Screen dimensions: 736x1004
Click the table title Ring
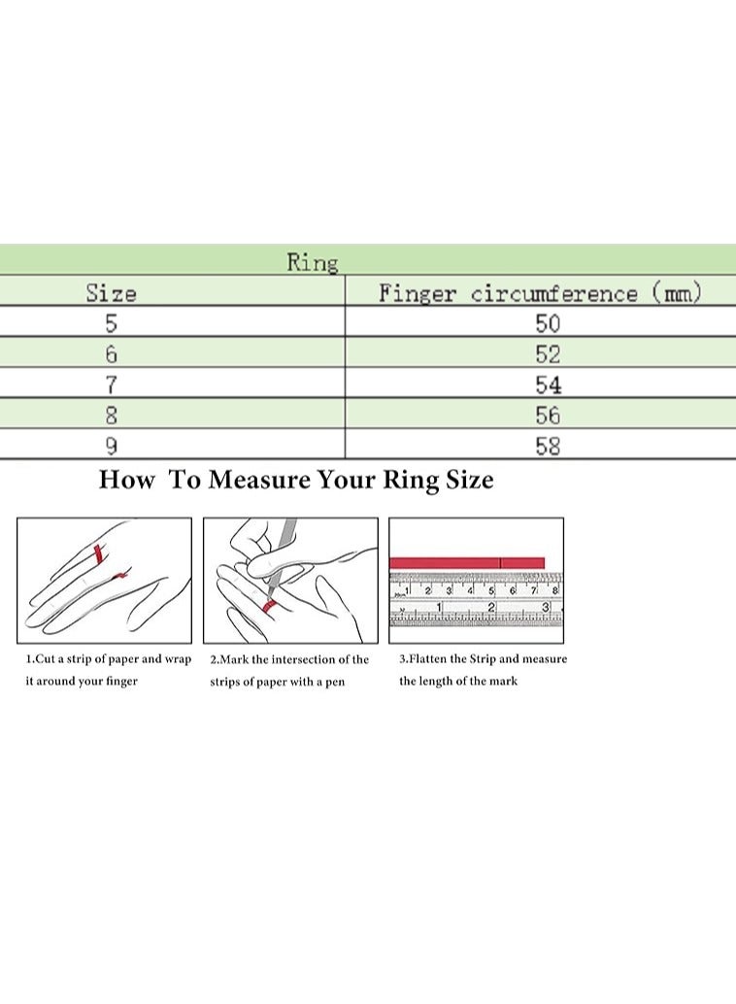pos(312,262)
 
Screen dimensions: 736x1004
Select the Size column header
pos(112,293)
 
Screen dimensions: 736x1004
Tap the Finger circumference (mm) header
pos(540,292)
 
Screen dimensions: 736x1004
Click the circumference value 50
pos(548,323)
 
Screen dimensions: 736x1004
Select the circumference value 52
pos(548,354)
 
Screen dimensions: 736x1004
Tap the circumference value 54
pos(548,385)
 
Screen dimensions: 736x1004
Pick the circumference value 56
pos(548,416)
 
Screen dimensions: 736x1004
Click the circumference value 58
pos(548,446)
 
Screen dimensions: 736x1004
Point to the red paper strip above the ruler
pos(467,563)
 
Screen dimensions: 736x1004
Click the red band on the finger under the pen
pos(270,605)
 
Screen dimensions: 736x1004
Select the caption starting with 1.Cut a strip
pos(108,670)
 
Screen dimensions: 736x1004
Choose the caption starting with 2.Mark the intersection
pos(289,670)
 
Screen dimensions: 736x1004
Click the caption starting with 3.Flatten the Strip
pos(483,670)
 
